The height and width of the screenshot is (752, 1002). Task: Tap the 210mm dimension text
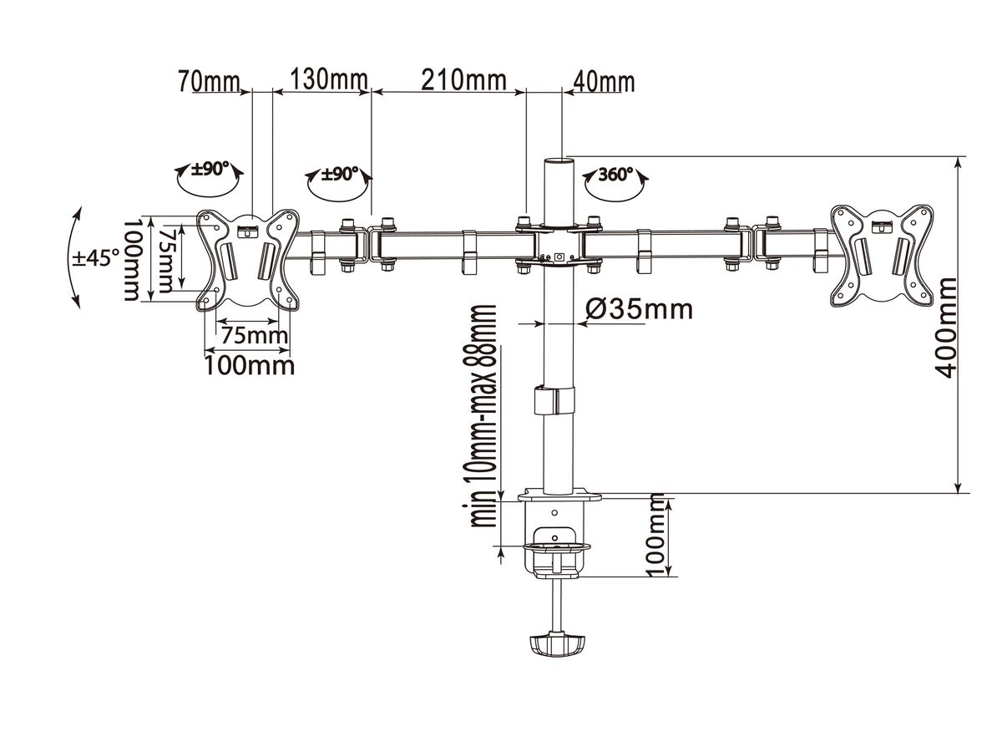pos(463,81)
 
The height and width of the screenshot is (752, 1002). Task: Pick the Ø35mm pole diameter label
pos(639,309)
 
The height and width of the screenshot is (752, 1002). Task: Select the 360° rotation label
pos(616,175)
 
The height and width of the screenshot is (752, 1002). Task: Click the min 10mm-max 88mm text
pos(483,415)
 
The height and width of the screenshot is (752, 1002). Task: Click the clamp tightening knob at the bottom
pos(554,643)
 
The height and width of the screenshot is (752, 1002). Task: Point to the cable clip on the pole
pos(554,399)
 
